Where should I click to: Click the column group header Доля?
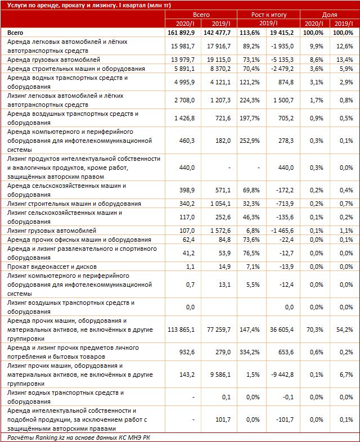click(330, 14)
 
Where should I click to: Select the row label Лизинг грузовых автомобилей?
click(51, 231)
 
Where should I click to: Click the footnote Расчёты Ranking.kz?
click(79, 437)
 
